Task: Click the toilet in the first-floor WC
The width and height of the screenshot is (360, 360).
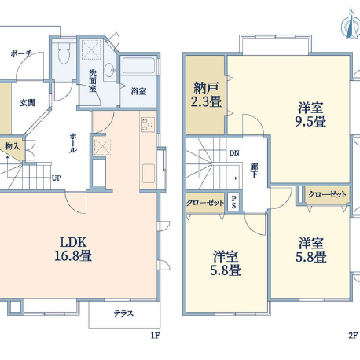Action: (64, 53)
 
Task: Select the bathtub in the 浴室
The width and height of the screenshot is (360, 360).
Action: (138, 65)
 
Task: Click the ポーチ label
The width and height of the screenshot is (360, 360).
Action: (21, 53)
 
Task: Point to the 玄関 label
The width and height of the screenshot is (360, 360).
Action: (28, 102)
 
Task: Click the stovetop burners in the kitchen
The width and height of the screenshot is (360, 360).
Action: (148, 124)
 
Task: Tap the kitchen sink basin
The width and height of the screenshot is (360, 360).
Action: (149, 173)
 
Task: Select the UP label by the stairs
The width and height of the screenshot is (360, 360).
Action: (57, 178)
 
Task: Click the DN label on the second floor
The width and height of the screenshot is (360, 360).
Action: (234, 153)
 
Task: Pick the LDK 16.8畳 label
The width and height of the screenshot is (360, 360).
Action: (73, 248)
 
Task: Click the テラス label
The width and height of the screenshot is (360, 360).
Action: (123, 314)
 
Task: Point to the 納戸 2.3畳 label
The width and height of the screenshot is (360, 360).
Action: (206, 94)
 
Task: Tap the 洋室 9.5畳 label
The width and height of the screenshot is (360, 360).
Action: (310, 115)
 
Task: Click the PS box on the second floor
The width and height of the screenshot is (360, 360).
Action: (233, 202)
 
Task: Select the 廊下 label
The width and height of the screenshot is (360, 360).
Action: (254, 171)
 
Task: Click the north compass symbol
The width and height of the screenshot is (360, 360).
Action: (351, 24)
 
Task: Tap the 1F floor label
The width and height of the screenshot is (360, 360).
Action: (155, 336)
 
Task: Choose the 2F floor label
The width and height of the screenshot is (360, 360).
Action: (353, 336)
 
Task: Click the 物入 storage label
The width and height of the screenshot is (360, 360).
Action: (13, 146)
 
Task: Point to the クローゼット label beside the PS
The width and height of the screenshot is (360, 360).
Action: (205, 203)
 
